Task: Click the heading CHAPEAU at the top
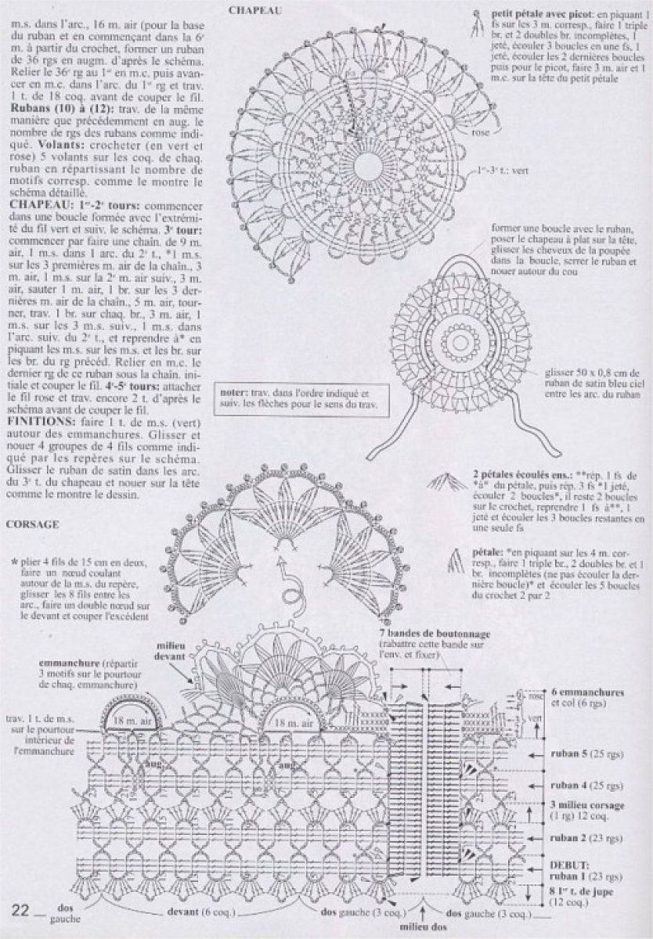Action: [251, 10]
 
